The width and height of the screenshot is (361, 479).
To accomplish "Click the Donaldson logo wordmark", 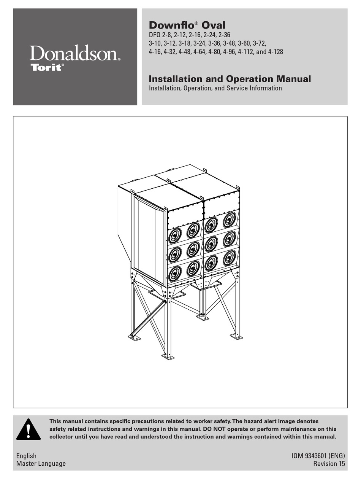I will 74,53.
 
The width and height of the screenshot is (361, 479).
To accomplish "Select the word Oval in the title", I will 213,25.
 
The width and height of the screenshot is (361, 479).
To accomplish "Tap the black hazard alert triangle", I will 28,430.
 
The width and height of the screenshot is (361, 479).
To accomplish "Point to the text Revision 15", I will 329,464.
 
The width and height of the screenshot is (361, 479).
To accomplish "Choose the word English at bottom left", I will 27,456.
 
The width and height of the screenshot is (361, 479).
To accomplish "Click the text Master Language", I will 41,464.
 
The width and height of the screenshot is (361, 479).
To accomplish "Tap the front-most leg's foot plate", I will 168,356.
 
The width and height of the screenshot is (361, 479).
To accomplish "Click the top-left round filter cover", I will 174,236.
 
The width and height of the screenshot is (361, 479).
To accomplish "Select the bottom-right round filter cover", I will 229,258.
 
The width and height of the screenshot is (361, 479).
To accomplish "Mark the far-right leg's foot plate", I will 236,336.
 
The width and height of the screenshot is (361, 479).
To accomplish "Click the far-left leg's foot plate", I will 134,337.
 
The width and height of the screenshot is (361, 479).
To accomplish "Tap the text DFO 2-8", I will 161,35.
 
